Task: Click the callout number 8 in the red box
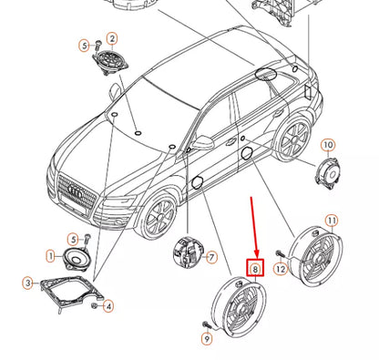(255, 269)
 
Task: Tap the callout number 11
(332, 221)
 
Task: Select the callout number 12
(281, 269)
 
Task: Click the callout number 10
(328, 145)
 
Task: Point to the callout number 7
(211, 258)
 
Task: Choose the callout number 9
(207, 338)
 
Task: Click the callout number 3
(28, 283)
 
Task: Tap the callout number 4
(108, 306)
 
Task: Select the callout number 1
(51, 256)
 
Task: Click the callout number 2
(112, 38)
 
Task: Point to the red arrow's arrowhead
(257, 253)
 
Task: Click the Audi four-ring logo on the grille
(76, 191)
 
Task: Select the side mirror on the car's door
(201, 142)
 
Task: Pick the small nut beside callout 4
(95, 305)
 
